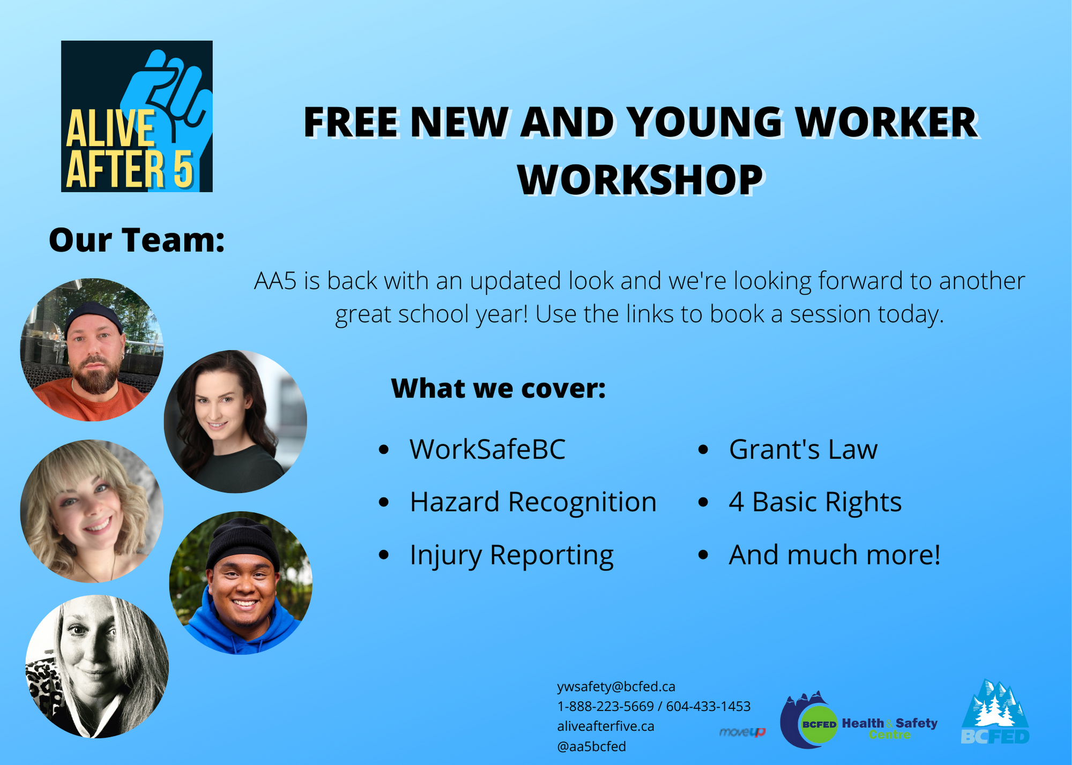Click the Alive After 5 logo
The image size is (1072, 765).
[137, 116]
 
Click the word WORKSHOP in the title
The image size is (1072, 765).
[640, 180]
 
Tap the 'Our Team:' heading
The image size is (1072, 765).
[137, 240]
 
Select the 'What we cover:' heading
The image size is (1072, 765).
[498, 388]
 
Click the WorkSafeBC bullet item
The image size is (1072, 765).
[487, 449]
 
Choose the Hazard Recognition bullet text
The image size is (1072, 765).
[533, 502]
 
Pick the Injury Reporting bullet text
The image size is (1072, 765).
[511, 556]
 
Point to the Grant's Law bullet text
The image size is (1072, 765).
[803, 449]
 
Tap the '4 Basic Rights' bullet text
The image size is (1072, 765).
[815, 502]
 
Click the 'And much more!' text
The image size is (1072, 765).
[835, 555]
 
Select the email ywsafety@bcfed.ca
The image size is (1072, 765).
[616, 687]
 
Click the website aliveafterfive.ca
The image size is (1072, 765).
[606, 726]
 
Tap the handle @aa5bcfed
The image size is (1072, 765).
[591, 746]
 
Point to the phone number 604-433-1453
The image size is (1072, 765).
[708, 707]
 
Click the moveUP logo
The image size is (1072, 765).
[742, 732]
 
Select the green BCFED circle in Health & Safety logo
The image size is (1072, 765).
[818, 724]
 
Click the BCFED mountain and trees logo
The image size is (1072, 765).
[995, 712]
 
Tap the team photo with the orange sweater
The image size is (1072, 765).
[92, 350]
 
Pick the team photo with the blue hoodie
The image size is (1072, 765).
[241, 583]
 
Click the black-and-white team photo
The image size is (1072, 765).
[97, 666]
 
